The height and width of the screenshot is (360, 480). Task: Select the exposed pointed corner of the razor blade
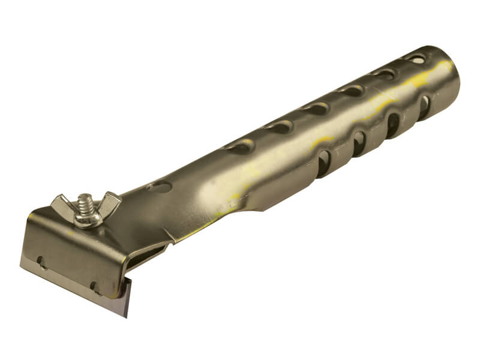point(127,313)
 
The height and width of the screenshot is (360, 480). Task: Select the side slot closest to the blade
point(323,163)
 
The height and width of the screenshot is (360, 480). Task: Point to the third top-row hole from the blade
point(314,109)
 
